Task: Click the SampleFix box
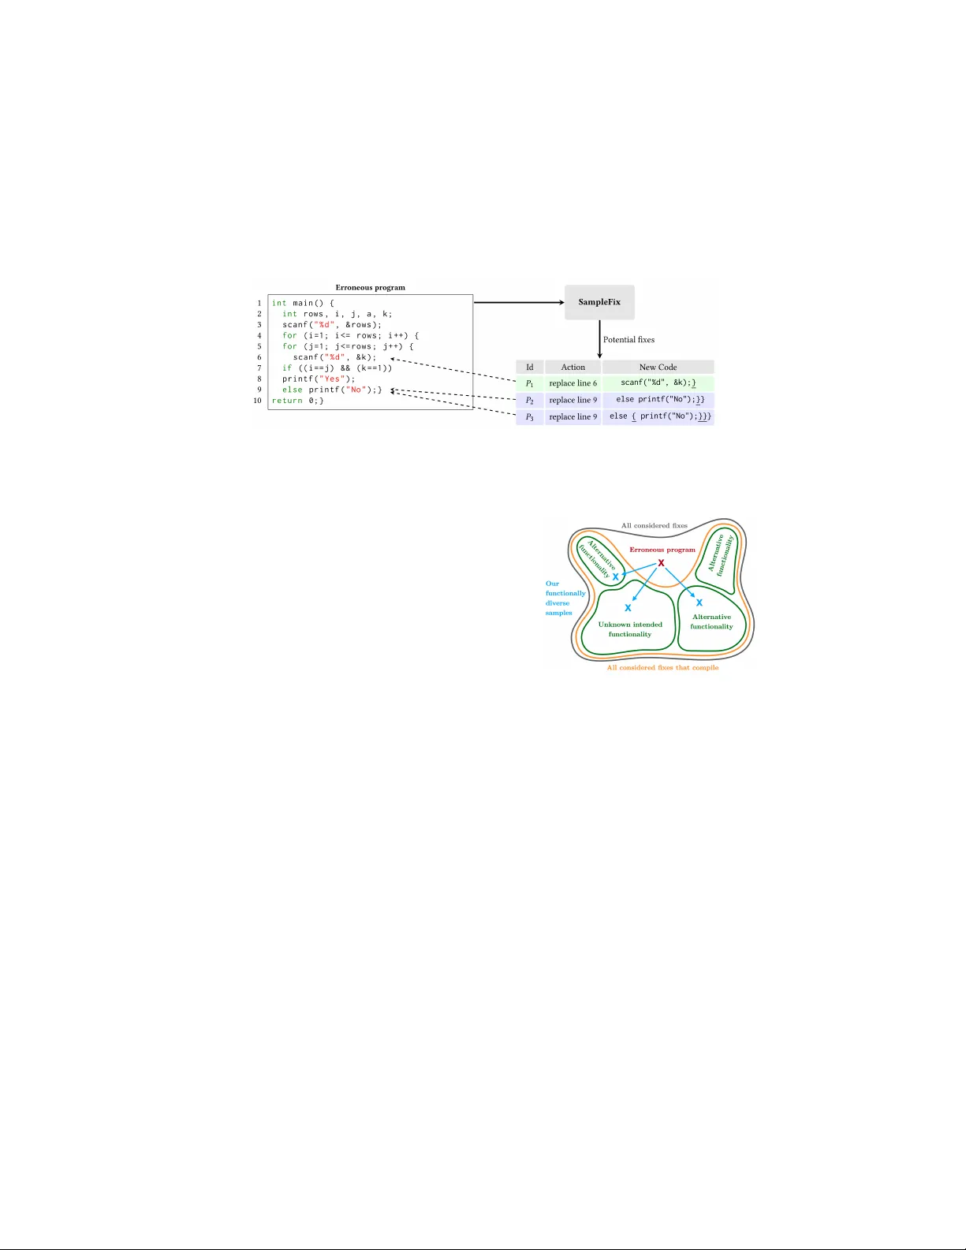tap(599, 302)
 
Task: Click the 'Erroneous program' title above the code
tap(371, 288)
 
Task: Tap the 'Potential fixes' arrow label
tap(628, 339)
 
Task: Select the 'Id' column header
tap(530, 367)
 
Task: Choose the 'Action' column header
tap(573, 367)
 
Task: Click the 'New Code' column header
tap(658, 367)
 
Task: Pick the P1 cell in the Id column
tap(530, 383)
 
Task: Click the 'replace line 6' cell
tap(573, 383)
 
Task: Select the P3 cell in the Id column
tap(530, 417)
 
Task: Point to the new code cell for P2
tap(658, 400)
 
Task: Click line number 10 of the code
tap(258, 401)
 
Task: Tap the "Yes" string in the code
tap(332, 379)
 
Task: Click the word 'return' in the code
tap(287, 401)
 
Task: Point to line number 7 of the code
tap(259, 368)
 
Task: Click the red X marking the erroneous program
tap(662, 563)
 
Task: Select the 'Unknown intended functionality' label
tap(630, 629)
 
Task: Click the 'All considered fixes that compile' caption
tap(662, 668)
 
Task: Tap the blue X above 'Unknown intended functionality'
tap(628, 607)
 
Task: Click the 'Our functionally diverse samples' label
tap(565, 599)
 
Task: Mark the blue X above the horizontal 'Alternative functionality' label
tap(699, 603)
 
